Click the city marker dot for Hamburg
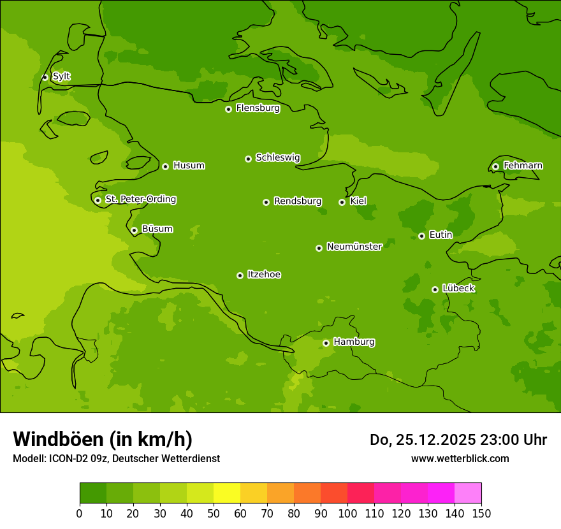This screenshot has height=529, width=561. pos(326,343)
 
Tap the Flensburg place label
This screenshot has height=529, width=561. pos(258,108)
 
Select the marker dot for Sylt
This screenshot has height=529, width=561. pos(45,77)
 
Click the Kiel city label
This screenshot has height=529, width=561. pos(358,201)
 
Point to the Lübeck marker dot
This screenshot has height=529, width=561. pos(435,289)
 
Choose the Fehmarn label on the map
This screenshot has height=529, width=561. pos(523,166)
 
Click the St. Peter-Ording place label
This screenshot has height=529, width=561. pos(141,199)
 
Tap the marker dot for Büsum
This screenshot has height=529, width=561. pos(134,230)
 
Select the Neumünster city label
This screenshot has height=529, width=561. pos(354,247)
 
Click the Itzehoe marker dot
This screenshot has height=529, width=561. pos(240,275)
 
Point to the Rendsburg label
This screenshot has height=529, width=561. pos(298,201)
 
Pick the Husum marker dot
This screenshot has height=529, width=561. pos(165,166)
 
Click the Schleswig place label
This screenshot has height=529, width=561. pos(277,158)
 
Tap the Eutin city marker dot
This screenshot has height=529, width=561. pos(421,236)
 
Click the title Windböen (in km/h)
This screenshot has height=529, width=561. pos(103,439)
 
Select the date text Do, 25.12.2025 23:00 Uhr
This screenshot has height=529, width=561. pos(458,440)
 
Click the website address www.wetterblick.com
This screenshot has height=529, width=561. pos(460,458)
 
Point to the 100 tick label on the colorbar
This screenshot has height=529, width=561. pos(347,513)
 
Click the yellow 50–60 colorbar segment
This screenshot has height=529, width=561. pos(226,493)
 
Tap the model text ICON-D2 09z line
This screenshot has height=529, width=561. pos(116,458)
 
